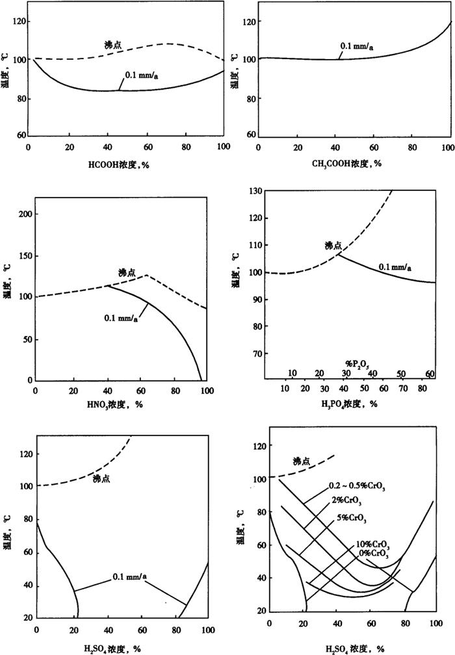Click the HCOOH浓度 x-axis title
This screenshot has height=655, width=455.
pos(127,164)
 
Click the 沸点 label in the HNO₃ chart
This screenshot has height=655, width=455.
pos(127,272)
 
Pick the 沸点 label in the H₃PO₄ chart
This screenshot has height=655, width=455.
pos(333,246)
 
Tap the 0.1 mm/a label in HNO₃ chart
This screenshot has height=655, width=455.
pos(122,319)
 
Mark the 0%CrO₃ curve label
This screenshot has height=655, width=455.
pos(374,554)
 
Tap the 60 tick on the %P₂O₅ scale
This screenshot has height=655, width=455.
pos(430,374)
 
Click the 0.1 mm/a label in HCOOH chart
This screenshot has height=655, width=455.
pos(141,75)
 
